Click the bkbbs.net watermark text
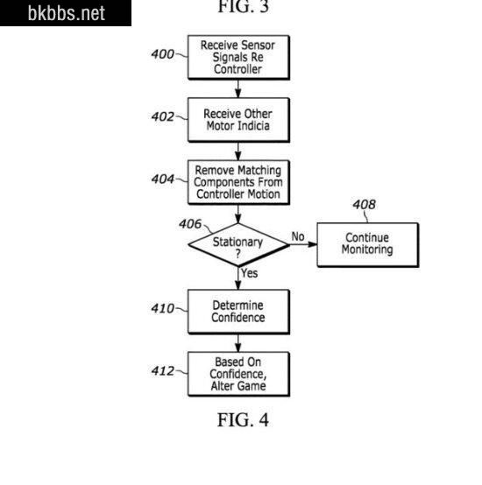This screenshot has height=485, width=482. [67, 13]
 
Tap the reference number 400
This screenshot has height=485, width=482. [162, 54]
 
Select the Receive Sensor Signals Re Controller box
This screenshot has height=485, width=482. [238, 57]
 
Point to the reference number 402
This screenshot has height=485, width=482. [162, 116]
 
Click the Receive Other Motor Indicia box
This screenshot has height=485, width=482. [238, 120]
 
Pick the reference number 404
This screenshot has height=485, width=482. [162, 179]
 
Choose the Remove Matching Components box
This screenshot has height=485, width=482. [238, 182]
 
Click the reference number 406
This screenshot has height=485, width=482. [190, 224]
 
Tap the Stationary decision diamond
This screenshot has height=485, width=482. [238, 244]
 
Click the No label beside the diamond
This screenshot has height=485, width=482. [298, 236]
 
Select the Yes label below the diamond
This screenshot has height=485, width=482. [249, 273]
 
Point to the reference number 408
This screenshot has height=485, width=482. [364, 205]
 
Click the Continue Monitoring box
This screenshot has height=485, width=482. [368, 244]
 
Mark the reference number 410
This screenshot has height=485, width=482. [162, 308]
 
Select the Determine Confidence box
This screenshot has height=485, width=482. [238, 312]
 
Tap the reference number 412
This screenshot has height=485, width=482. [162, 370]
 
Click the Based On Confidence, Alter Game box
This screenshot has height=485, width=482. [238, 374]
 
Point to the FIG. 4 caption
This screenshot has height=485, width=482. [243, 420]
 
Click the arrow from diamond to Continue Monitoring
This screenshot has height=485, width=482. [303, 244]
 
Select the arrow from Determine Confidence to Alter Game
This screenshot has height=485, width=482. [238, 343]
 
